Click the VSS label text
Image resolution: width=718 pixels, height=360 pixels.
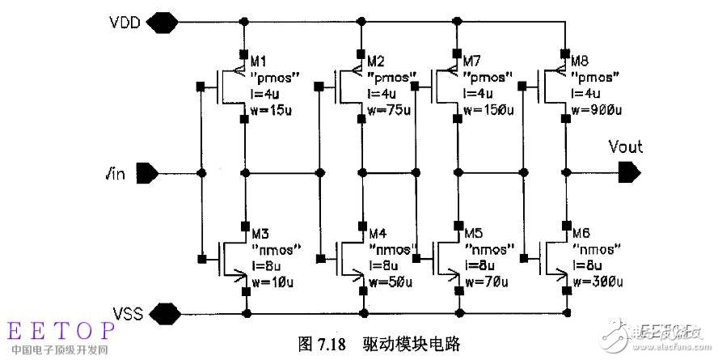(129, 312)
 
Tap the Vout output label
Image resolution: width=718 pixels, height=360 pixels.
(625, 147)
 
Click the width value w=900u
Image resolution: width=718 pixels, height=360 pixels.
(593, 110)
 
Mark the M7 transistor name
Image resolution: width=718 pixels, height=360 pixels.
(471, 61)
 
